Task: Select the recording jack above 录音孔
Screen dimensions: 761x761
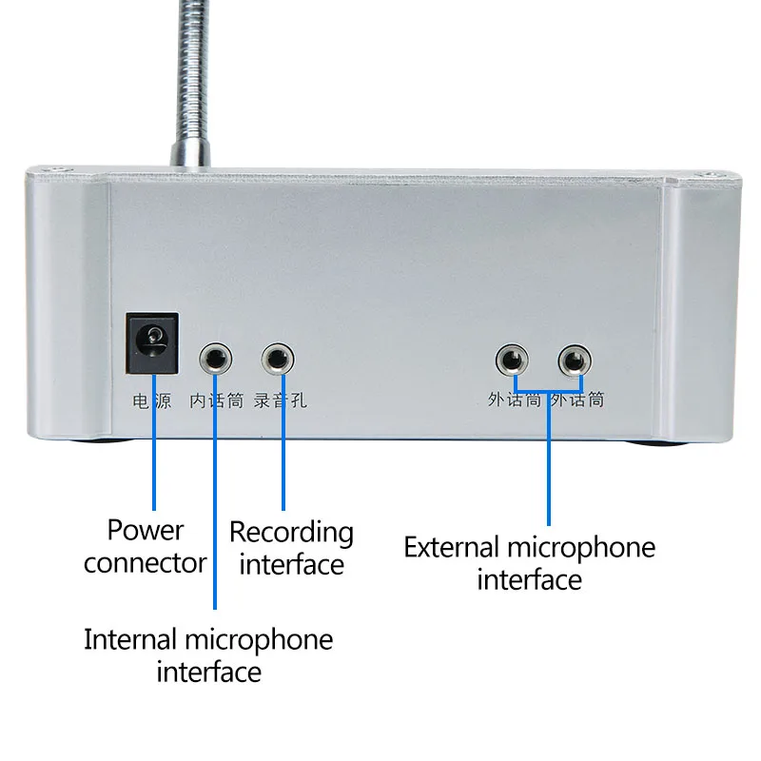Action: (x=278, y=360)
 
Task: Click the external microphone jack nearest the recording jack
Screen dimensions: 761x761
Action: (x=512, y=361)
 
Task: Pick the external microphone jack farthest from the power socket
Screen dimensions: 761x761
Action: (x=574, y=361)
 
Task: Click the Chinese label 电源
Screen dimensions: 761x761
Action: (x=152, y=400)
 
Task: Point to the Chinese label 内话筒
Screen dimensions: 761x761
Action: (x=217, y=400)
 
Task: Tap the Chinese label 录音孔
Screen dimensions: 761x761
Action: (x=280, y=400)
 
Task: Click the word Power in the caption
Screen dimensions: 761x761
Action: (x=146, y=530)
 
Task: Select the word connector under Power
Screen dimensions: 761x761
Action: (x=145, y=562)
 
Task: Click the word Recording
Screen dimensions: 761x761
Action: (x=291, y=532)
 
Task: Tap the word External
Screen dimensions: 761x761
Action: (x=452, y=548)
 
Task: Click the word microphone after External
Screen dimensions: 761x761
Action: (x=581, y=548)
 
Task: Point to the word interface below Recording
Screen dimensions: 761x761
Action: (x=291, y=564)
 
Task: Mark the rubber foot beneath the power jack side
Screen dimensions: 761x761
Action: (x=105, y=441)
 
